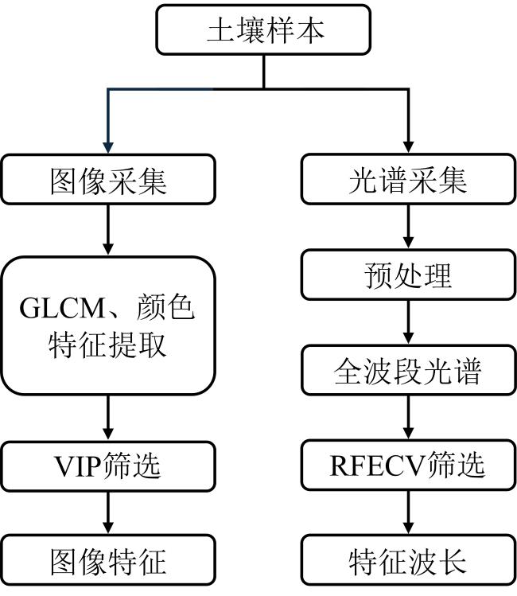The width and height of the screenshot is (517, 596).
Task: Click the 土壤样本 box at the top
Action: [x=263, y=29]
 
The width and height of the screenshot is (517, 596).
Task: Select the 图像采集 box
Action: [x=108, y=179]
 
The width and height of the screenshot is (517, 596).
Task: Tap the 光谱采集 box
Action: [x=409, y=179]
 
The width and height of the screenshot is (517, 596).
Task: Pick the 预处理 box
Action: [x=409, y=275]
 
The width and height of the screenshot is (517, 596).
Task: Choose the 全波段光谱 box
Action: [x=409, y=370]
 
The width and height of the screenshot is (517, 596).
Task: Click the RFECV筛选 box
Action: [x=409, y=466]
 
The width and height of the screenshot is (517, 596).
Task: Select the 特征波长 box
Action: [x=409, y=560]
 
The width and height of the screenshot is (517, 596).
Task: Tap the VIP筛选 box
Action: [x=108, y=466]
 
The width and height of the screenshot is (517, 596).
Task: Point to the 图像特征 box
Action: [x=108, y=560]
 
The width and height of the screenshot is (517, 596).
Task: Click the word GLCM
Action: [x=62, y=308]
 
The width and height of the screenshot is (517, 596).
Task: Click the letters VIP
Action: [x=78, y=466]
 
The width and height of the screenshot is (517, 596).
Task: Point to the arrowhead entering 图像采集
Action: [x=108, y=148]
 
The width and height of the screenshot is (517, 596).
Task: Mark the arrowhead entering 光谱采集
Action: [x=408, y=148]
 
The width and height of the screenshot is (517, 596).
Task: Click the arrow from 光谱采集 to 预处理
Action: [x=408, y=227]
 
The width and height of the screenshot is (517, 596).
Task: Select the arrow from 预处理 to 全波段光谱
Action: [x=408, y=322]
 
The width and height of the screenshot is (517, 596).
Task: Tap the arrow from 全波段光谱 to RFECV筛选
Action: [x=408, y=418]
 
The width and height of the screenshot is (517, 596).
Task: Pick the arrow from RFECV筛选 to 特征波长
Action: [x=408, y=512]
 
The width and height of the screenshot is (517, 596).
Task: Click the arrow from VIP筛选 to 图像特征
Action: [x=108, y=513]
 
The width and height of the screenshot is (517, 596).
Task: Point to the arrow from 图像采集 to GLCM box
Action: [x=108, y=230]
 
